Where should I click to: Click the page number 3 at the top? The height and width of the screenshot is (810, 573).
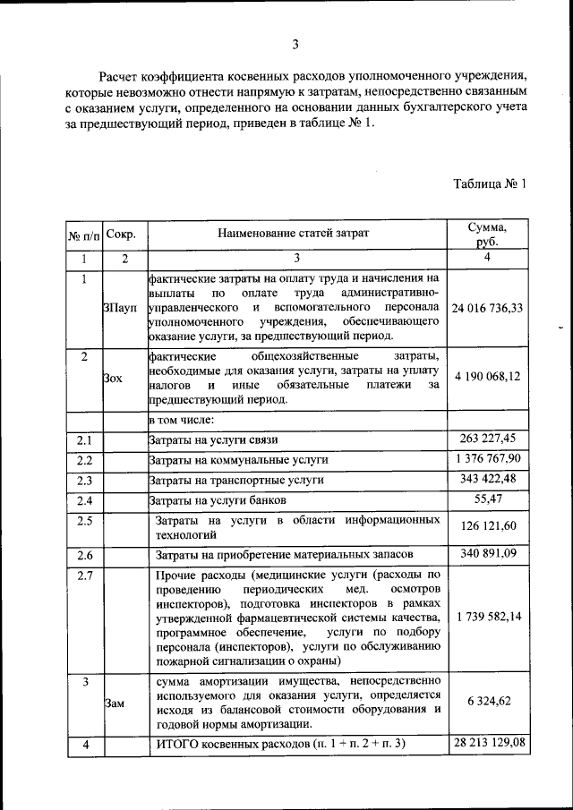pyautogui.click(x=295, y=44)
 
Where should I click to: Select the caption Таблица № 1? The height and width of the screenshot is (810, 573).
pyautogui.click(x=490, y=184)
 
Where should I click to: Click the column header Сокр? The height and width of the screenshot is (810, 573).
pyautogui.click(x=121, y=234)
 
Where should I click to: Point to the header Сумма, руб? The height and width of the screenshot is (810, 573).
pyautogui.click(x=488, y=234)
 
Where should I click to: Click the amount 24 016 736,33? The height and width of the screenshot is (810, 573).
pyautogui.click(x=488, y=307)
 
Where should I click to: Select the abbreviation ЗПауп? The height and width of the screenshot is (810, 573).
pyautogui.click(x=120, y=308)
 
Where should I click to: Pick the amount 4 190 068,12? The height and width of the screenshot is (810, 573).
pyautogui.click(x=488, y=376)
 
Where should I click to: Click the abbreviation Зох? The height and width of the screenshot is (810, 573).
pyautogui.click(x=113, y=378)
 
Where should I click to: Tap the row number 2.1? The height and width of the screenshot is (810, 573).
pyautogui.click(x=84, y=439)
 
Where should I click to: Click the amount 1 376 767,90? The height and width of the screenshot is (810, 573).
pyautogui.click(x=488, y=459)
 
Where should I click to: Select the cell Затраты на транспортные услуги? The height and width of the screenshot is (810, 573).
pyautogui.click(x=235, y=480)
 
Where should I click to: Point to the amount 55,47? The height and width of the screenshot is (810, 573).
pyautogui.click(x=488, y=499)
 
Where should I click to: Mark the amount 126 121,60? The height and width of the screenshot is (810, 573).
pyautogui.click(x=488, y=527)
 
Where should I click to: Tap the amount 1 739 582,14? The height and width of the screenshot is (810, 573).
pyautogui.click(x=488, y=618)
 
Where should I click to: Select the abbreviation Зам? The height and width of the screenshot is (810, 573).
pyautogui.click(x=114, y=703)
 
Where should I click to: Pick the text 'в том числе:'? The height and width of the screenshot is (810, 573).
pyautogui.click(x=180, y=420)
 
